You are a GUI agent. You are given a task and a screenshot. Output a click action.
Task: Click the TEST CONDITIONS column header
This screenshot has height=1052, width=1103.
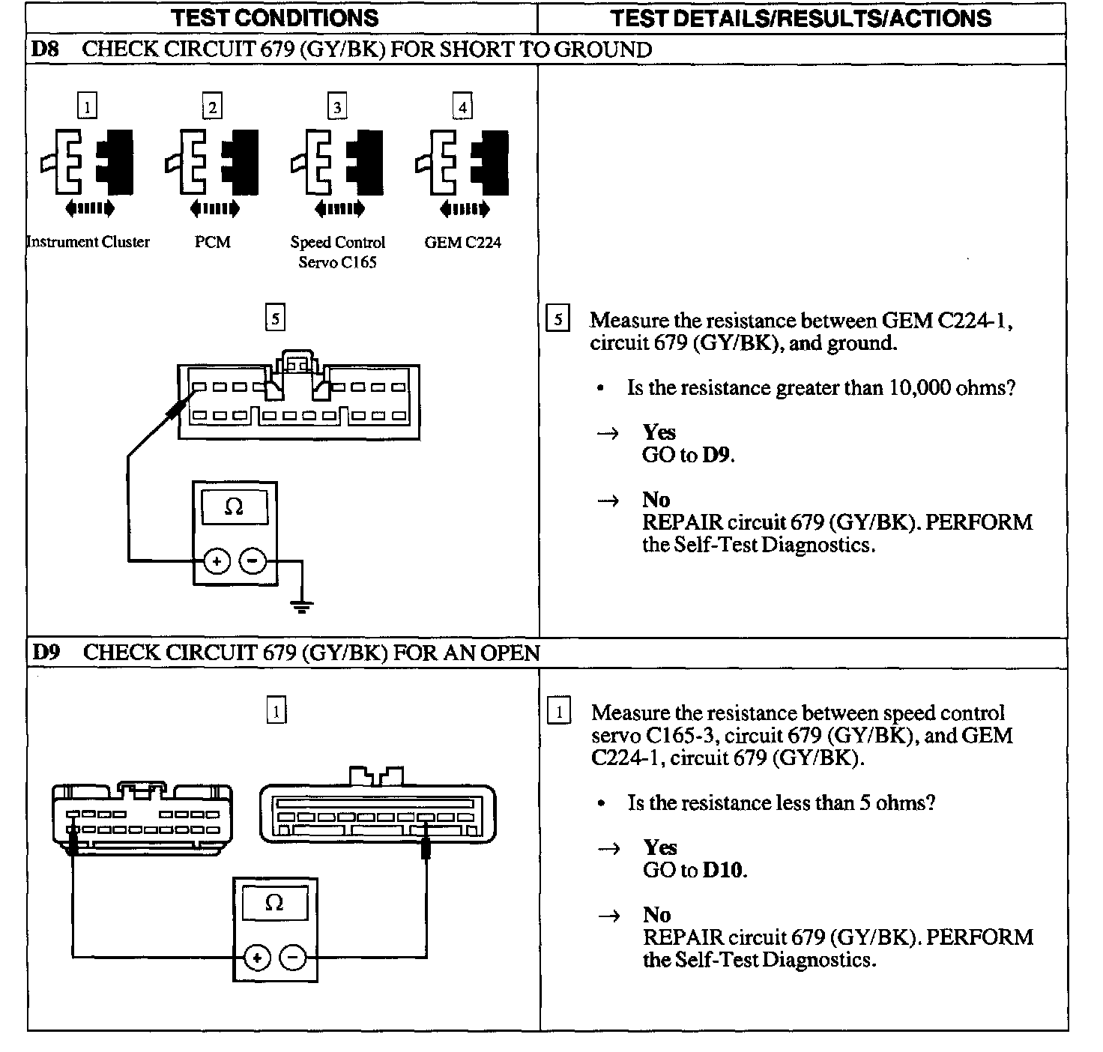point(275,18)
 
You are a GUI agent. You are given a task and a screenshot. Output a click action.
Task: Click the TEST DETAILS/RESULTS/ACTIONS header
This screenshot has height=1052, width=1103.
point(801,18)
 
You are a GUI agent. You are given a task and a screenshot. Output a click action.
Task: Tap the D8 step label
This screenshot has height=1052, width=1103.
point(44,49)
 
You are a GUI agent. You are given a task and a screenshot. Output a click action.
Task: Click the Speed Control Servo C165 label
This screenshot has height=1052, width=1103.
point(338,252)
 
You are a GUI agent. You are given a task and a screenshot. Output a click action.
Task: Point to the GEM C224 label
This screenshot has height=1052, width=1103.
point(462,242)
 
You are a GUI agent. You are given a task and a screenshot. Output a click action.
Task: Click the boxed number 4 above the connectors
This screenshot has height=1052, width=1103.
point(462,107)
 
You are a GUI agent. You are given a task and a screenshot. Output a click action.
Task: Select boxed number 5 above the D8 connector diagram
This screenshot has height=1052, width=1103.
point(275,318)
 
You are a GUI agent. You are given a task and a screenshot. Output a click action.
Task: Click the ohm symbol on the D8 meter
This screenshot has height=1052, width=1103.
point(234,507)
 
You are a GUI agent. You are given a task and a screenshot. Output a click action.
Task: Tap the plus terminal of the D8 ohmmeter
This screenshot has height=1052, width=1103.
point(217,560)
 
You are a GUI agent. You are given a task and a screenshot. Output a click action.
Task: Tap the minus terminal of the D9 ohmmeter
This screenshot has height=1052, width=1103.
point(293,957)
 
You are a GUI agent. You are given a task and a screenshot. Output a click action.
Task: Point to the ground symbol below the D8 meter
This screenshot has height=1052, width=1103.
point(301,605)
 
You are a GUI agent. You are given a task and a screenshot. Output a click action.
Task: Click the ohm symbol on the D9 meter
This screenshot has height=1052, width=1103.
point(274,903)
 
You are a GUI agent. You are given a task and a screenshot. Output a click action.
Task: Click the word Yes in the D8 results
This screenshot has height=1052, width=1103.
point(659,432)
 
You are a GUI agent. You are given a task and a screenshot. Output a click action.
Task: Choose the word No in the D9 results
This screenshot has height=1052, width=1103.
point(656,915)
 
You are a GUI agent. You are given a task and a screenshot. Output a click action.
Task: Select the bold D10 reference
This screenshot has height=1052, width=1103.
point(724,870)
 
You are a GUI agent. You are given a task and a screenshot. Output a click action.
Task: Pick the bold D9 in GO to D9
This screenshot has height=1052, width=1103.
point(717,455)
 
